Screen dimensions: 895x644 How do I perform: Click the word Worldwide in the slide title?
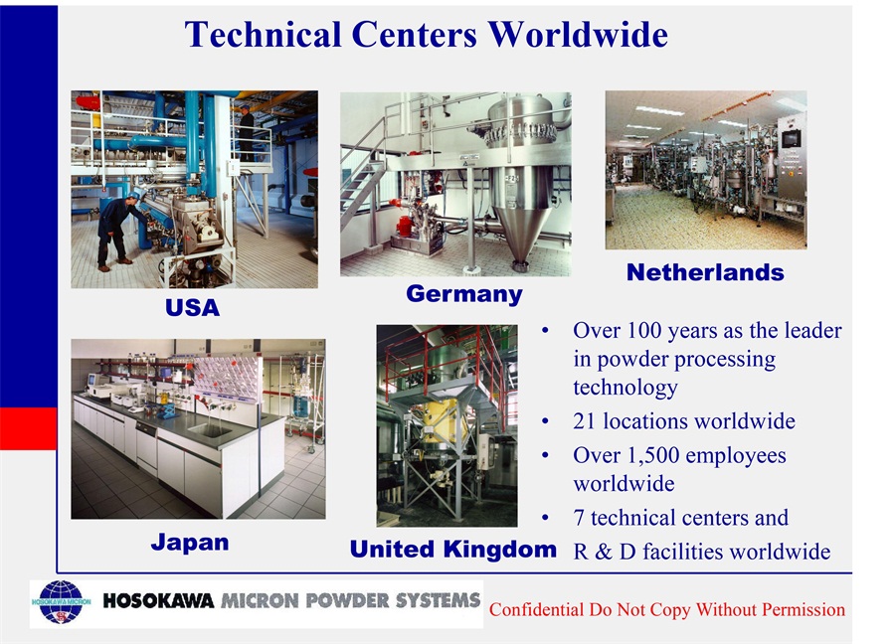click(578, 34)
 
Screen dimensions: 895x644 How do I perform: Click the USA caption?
click(192, 307)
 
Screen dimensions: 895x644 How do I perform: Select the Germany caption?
click(464, 295)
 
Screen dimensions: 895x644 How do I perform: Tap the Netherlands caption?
click(705, 272)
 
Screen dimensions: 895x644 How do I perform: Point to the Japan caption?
click(190, 543)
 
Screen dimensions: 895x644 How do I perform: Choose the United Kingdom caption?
click(453, 549)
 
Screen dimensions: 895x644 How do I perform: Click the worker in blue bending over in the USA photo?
click(118, 231)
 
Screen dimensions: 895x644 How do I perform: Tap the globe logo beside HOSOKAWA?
click(61, 602)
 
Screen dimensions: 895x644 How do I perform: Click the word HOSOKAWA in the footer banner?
click(158, 600)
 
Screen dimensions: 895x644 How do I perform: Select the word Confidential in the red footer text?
click(537, 609)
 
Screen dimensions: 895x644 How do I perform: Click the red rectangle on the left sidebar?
click(29, 428)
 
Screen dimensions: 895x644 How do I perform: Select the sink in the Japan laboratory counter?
click(209, 429)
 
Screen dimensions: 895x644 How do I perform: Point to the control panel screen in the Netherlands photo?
click(792, 138)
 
